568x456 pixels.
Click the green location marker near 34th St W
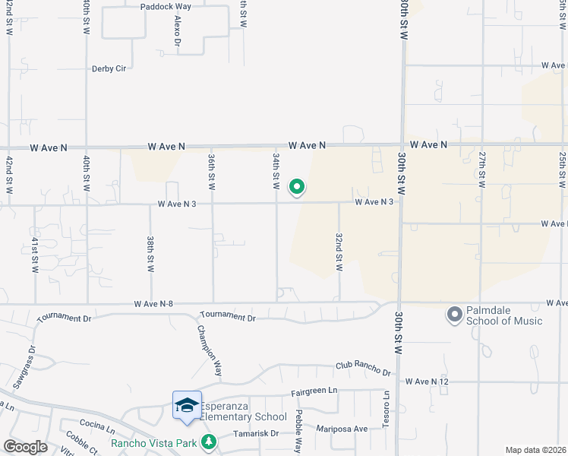(298, 186)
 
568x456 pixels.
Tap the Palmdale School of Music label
(506, 315)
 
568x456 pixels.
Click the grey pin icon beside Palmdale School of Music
(455, 314)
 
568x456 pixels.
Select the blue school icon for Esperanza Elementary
(187, 405)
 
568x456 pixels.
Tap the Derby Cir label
(109, 68)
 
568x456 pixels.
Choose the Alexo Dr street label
(177, 31)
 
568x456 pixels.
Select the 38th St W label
(150, 254)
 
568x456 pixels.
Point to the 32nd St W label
(339, 252)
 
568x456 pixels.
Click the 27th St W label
(481, 169)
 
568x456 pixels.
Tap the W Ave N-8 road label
(153, 304)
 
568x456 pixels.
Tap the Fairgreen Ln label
(314, 391)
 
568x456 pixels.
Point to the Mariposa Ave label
(342, 429)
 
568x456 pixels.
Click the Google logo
(25, 447)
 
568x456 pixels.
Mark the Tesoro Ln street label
(386, 410)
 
